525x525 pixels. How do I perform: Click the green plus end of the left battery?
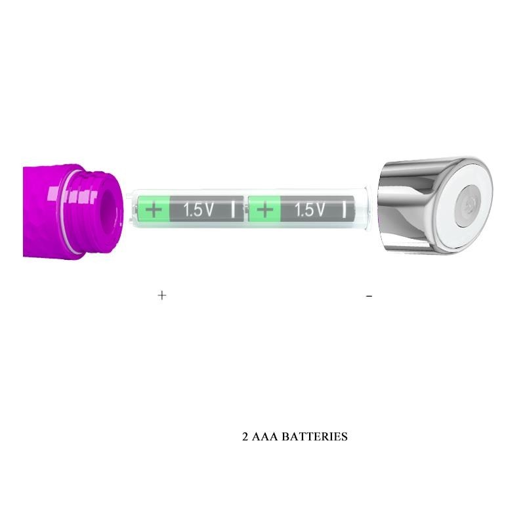[154, 210]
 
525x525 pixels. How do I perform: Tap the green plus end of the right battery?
[264, 210]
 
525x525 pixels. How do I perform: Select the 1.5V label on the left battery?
[198, 210]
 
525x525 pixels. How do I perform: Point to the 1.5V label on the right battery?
[310, 210]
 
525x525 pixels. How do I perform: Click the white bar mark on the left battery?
[233, 210]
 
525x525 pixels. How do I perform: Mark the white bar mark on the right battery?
[344, 210]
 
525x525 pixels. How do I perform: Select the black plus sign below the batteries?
[162, 295]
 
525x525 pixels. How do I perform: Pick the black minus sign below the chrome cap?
[369, 296]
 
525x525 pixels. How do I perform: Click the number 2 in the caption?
[245, 436]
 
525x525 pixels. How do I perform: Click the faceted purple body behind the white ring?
[43, 210]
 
